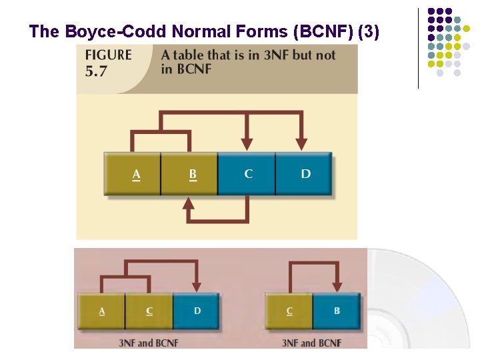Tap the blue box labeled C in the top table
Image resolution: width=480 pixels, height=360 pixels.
click(247, 174)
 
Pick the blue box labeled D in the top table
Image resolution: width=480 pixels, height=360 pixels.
click(304, 174)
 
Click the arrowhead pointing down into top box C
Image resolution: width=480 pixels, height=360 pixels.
click(247, 144)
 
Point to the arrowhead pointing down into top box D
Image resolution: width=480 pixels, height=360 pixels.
click(301, 144)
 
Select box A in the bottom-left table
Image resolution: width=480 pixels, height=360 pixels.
click(101, 311)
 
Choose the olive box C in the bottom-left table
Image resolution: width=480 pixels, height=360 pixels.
click(149, 311)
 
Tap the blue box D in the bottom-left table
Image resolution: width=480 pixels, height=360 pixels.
click(197, 311)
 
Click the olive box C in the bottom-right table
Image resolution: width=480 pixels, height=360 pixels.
click(289, 311)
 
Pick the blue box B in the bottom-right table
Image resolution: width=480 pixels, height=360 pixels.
click(337, 311)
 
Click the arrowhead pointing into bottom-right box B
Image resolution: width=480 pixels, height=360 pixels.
click(337, 287)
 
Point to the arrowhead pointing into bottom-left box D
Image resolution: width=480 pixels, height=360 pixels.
click(197, 287)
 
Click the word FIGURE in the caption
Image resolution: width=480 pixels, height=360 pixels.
click(109, 55)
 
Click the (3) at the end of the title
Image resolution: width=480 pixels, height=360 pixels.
click(369, 31)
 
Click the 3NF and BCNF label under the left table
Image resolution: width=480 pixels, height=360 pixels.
click(149, 343)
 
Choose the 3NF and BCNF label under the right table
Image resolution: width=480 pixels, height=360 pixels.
click(311, 343)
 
